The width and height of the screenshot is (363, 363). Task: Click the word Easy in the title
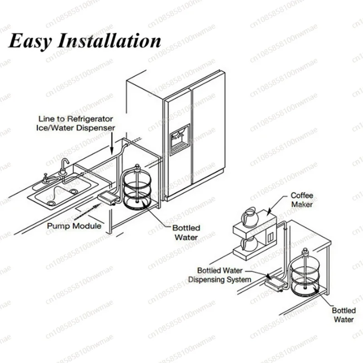click(31, 41)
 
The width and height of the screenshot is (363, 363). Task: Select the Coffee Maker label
click(302, 200)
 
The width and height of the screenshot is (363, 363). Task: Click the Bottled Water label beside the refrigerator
click(186, 232)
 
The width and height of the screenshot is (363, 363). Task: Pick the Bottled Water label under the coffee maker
click(343, 315)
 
